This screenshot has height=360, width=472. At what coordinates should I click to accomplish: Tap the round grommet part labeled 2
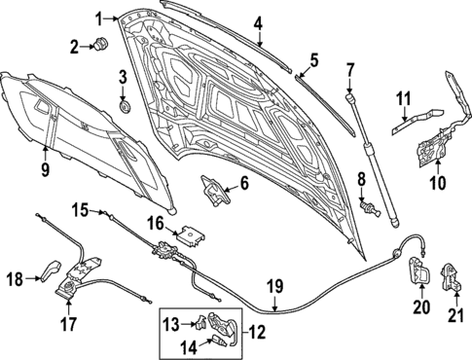click(101, 44)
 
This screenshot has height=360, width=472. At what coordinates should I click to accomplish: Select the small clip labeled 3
click(123, 102)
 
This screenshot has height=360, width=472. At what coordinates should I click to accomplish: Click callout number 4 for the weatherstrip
click(258, 22)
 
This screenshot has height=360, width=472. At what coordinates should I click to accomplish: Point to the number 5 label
click(313, 60)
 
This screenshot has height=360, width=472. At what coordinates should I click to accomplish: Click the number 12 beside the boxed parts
click(258, 332)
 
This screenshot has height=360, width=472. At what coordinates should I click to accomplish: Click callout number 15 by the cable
click(79, 208)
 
